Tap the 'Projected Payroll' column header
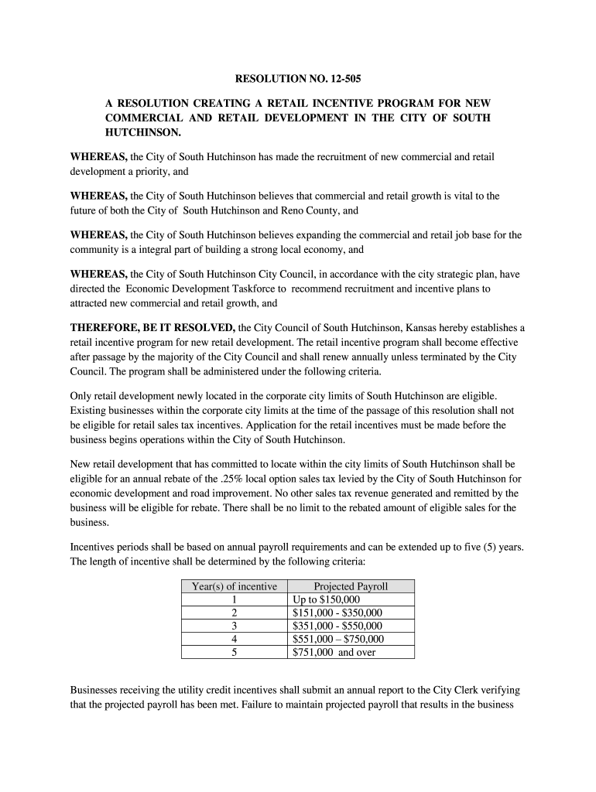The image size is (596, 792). (x=351, y=586)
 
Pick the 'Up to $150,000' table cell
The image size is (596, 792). (x=327, y=599)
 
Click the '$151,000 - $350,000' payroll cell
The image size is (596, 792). (x=337, y=613)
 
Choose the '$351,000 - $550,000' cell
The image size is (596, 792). (x=337, y=626)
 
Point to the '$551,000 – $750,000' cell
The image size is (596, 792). (x=338, y=639)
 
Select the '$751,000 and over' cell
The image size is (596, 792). (x=334, y=652)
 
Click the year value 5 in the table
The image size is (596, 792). (x=234, y=652)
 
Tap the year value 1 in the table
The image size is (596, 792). (x=234, y=599)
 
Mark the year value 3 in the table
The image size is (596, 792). (x=234, y=626)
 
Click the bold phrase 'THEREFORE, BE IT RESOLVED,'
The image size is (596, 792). (x=152, y=327)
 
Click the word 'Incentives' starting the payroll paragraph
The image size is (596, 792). (x=94, y=547)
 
